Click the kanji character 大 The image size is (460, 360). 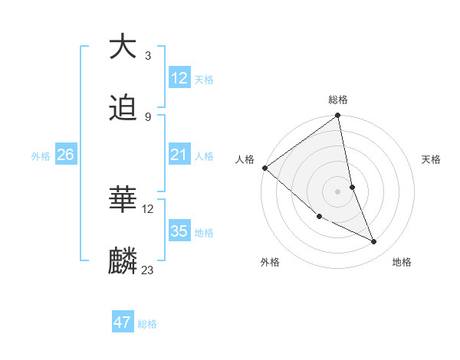pyautogui.click(x=123, y=47)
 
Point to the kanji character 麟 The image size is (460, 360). pyautogui.click(x=123, y=261)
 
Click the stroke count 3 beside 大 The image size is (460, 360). pyautogui.click(x=147, y=55)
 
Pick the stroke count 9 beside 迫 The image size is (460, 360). pyautogui.click(x=147, y=116)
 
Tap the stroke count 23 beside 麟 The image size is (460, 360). pyautogui.click(x=148, y=270)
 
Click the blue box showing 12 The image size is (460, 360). pyautogui.click(x=179, y=78)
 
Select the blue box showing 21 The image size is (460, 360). pyautogui.click(x=179, y=155)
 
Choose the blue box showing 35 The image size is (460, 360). pyautogui.click(x=179, y=231)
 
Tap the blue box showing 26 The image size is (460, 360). pyautogui.click(x=65, y=155)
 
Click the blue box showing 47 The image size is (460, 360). pyautogui.click(x=123, y=322)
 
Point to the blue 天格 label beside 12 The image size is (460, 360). pyautogui.click(x=204, y=79)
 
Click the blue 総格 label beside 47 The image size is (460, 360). pyautogui.click(x=147, y=323)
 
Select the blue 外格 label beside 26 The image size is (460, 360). pyautogui.click(x=41, y=155)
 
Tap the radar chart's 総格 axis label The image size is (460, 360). pyautogui.click(x=338, y=100)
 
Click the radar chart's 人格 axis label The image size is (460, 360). pyautogui.click(x=245, y=159)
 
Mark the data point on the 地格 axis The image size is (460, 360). pyautogui.click(x=374, y=242)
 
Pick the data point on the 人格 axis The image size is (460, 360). pyautogui.click(x=264, y=168)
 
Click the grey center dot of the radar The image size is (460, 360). pyautogui.click(x=337, y=191)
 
